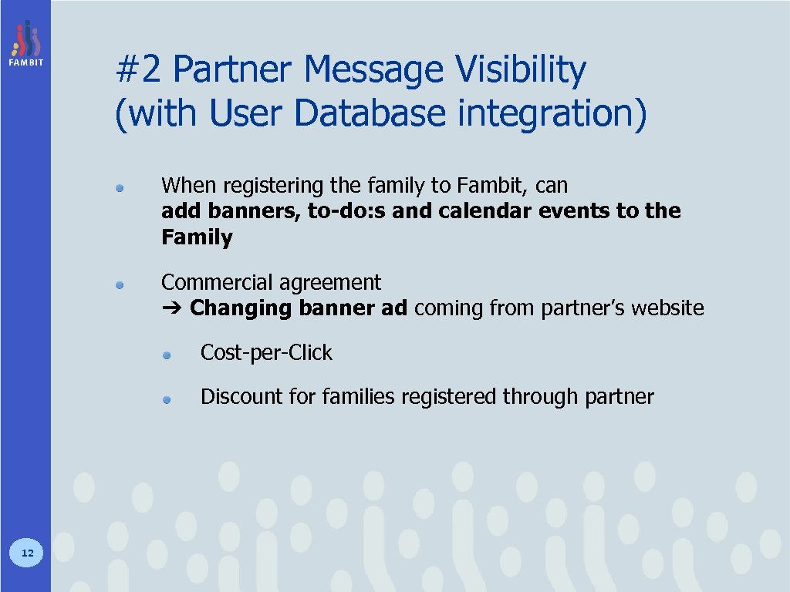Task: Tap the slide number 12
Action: [x=27, y=553]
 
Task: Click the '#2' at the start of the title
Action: [x=138, y=70]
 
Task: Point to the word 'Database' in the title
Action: [x=370, y=113]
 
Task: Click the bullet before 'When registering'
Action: [x=120, y=187]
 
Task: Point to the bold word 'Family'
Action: [x=197, y=237]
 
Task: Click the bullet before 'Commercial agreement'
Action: [x=120, y=284]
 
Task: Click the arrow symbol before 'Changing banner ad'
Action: [x=170, y=309]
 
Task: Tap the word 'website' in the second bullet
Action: [x=667, y=308]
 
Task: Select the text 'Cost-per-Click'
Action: [x=266, y=353]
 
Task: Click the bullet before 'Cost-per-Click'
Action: [x=167, y=355]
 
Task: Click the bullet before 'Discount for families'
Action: [x=167, y=399]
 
